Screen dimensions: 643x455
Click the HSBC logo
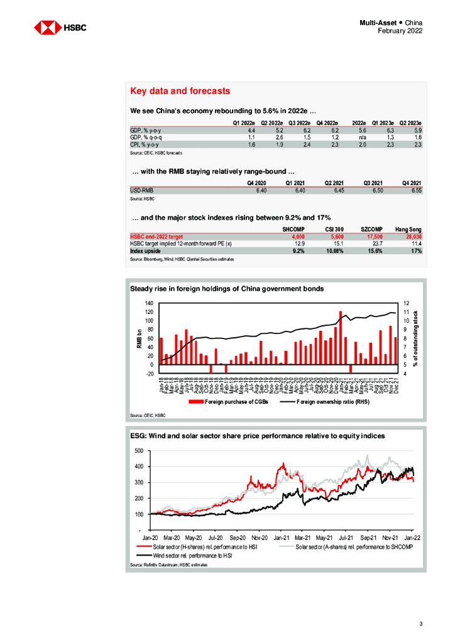pos(60,28)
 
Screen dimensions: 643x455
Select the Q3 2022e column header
pos(300,122)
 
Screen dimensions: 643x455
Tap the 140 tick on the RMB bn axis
pos(149,303)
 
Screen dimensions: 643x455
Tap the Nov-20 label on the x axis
pos(260,538)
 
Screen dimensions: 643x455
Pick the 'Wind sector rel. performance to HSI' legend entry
pos(187,556)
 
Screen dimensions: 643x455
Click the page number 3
pos(421,624)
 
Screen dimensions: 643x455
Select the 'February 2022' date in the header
pos(400,31)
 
